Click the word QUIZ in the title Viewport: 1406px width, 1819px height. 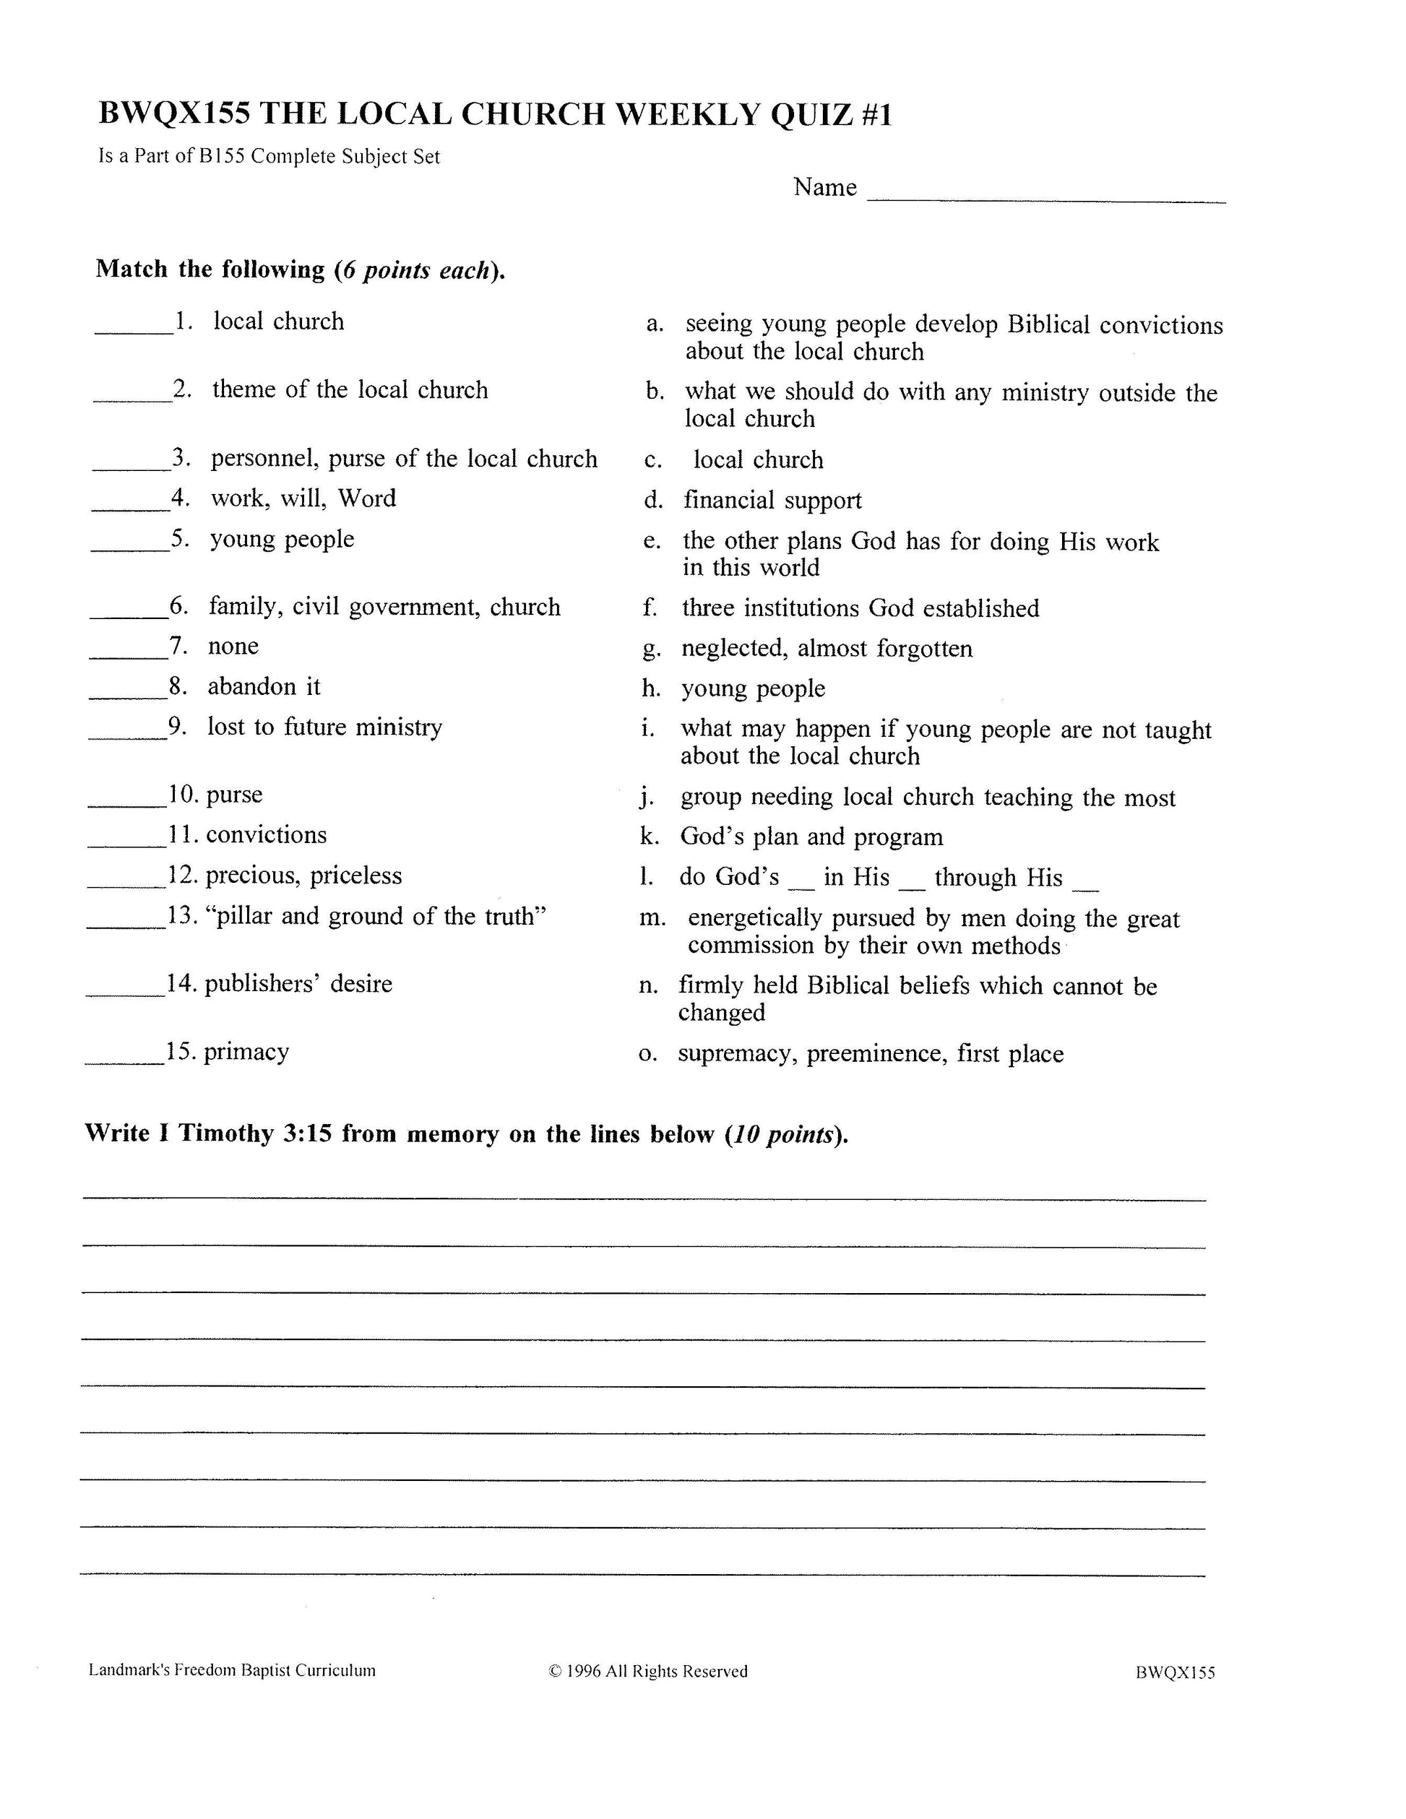coord(811,114)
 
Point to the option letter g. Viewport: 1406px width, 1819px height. coord(650,649)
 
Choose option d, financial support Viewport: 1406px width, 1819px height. coord(772,500)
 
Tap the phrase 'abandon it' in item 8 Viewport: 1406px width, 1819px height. coord(263,686)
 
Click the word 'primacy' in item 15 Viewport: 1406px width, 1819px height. coord(246,1051)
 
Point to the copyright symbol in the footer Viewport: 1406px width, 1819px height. coord(555,1671)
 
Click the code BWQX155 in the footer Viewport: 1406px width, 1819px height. coord(1175,1672)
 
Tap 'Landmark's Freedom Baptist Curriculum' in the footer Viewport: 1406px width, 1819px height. coord(231,1670)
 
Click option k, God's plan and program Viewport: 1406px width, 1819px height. coord(811,837)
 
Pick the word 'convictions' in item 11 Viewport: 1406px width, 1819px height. coord(266,834)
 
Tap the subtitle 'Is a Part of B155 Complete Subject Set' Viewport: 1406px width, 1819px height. coord(269,157)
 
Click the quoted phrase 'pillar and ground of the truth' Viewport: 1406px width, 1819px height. coord(376,916)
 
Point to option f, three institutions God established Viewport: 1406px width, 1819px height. coord(860,608)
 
